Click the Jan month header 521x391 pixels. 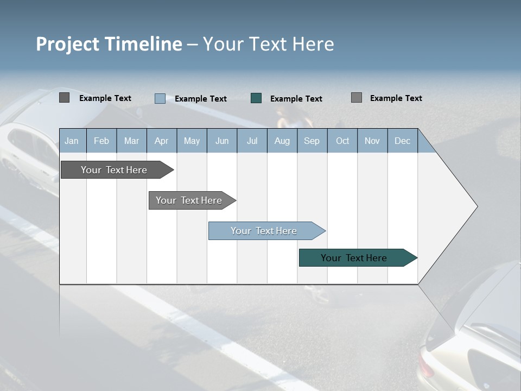[x=72, y=141]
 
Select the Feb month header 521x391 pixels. [x=101, y=141]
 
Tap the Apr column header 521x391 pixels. [x=161, y=141]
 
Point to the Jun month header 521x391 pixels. [x=222, y=141]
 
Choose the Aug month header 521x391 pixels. [x=282, y=141]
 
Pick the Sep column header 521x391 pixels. [x=312, y=141]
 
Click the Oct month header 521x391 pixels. [x=342, y=141]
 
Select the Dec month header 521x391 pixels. [x=402, y=141]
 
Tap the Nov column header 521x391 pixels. [x=372, y=141]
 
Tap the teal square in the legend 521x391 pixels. [x=256, y=98]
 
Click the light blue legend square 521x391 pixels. [x=160, y=98]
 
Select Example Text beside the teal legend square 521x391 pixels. [x=296, y=99]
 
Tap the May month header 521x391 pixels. [x=192, y=141]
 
